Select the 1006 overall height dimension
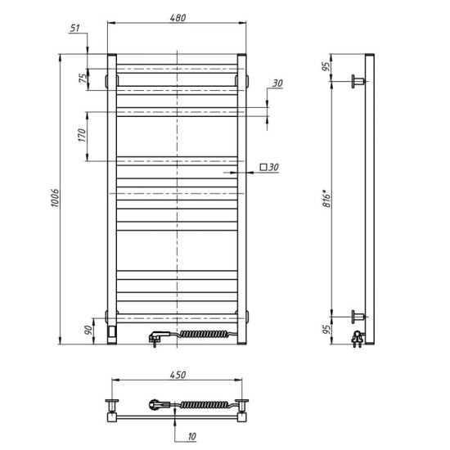(x=55, y=200)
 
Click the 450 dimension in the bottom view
(x=177, y=375)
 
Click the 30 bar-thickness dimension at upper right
(x=277, y=83)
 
